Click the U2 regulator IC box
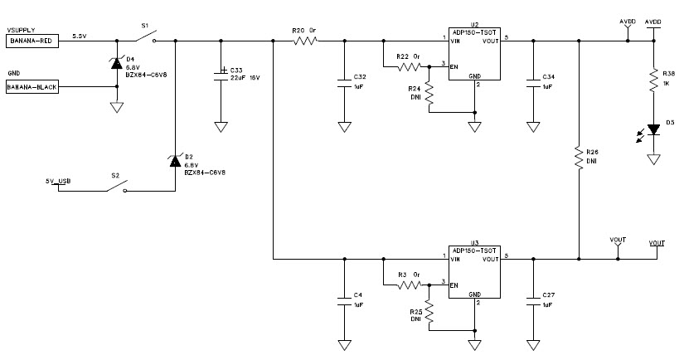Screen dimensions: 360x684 click(x=473, y=56)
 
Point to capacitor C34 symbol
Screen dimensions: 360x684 click(x=532, y=82)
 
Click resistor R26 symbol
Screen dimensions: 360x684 click(x=578, y=158)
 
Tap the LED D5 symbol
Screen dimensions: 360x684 click(x=653, y=129)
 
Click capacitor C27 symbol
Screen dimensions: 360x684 click(x=532, y=302)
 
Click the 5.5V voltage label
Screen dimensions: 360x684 click(x=80, y=36)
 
